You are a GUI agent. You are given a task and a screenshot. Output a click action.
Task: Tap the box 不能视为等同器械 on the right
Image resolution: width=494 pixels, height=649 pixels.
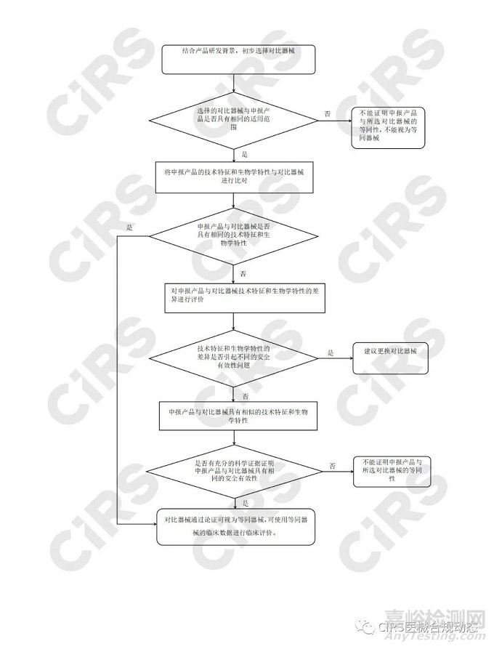[x=389, y=127]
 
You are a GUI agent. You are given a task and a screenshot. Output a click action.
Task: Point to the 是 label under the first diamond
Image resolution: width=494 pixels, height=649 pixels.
[x=244, y=155]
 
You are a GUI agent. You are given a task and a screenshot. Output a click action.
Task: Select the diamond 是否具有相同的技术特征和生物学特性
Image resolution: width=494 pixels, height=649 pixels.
[x=233, y=235]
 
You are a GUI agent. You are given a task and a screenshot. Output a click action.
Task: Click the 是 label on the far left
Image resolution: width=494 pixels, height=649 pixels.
[x=129, y=227]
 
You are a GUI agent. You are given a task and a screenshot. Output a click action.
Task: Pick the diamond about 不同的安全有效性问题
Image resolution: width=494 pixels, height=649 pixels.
[x=233, y=357]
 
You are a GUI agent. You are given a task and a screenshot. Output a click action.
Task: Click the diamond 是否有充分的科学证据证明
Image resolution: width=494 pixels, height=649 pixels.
[x=233, y=472]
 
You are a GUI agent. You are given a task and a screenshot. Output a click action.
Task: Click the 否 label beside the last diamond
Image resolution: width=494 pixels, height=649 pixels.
[x=332, y=464]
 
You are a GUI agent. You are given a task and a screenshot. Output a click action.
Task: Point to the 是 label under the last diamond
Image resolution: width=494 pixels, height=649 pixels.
[x=246, y=502]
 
